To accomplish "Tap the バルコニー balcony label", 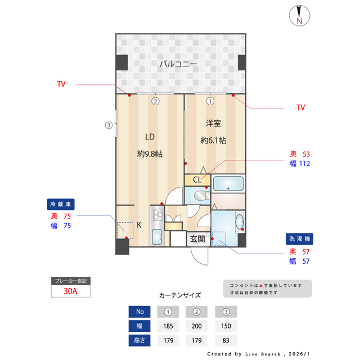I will (x=178, y=64).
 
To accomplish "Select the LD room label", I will (x=150, y=137).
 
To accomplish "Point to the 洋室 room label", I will (x=213, y=123).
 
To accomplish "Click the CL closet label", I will (x=197, y=180).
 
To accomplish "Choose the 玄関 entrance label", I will (x=197, y=238).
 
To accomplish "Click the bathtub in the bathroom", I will (x=228, y=183).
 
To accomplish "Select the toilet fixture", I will (x=199, y=196).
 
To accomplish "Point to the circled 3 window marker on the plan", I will (x=109, y=125).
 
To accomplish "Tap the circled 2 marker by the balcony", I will (x=155, y=102).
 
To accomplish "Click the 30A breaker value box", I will (x=70, y=291).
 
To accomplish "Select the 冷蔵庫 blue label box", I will (x=61, y=204).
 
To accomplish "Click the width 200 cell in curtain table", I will (x=197, y=325).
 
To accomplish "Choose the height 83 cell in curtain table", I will (x=226, y=340).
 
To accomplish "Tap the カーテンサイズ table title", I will (x=180, y=295).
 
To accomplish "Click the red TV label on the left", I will (x=61, y=84).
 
